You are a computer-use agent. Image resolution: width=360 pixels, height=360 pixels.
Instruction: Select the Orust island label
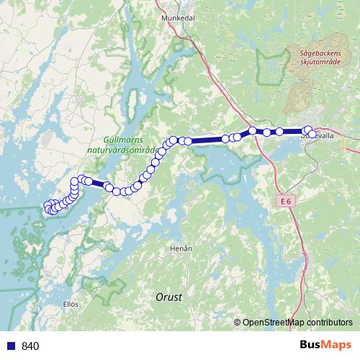point(169,297)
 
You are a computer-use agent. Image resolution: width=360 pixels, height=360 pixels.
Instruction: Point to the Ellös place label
point(71,304)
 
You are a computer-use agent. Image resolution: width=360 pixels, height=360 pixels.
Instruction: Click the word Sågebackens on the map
point(319,53)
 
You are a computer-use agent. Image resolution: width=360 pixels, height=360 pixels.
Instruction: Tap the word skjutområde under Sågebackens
point(319,62)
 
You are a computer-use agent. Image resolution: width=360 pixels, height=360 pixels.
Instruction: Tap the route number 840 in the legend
point(30,346)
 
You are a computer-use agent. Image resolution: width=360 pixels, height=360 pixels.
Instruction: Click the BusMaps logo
point(325,346)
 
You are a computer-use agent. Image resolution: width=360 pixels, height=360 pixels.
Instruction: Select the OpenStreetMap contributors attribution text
point(297,323)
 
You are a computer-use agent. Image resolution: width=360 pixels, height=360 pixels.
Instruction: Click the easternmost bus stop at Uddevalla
point(310,130)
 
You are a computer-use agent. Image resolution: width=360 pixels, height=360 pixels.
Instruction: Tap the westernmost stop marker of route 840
point(48,207)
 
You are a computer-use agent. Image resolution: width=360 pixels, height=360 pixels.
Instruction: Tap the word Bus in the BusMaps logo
point(310,346)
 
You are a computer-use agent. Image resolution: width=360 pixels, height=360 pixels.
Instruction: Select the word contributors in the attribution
point(328,323)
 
